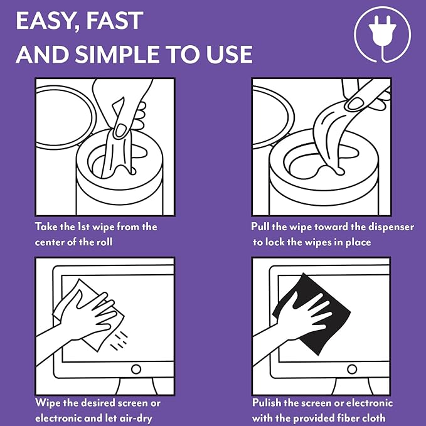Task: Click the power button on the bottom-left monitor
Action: (136, 368)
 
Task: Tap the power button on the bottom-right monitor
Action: (353, 368)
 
